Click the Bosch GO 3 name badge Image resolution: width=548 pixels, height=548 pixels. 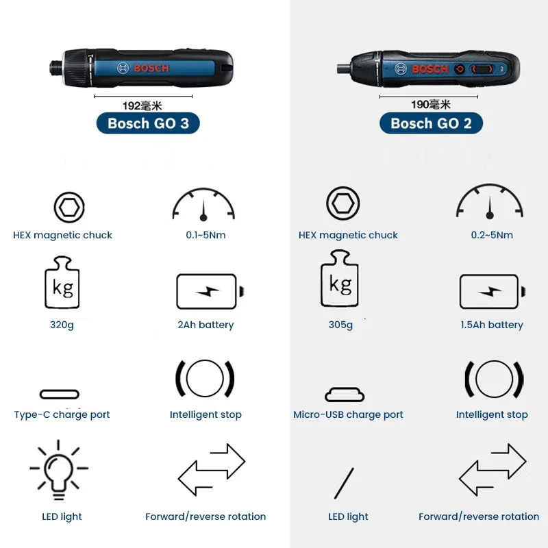149,123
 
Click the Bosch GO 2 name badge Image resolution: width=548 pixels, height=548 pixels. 431,123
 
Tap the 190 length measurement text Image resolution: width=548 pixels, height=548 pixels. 430,104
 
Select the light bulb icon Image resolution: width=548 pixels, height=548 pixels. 59,472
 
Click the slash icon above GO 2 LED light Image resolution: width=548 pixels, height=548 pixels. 344,483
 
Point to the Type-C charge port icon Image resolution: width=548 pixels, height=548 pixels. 60,395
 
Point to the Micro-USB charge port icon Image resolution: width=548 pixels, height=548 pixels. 345,395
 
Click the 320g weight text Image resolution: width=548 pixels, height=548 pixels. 62,325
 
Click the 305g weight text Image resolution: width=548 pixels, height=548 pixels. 340,325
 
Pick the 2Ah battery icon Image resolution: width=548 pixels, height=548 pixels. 209,292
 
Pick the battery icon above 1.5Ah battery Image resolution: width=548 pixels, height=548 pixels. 492,292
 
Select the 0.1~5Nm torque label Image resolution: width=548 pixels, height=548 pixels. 206,235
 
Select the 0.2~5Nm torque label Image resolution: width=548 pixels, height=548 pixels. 492,235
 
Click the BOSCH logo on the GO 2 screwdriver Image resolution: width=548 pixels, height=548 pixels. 429,69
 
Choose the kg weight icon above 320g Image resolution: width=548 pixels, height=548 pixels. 62,283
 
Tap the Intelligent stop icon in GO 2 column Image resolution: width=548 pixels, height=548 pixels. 493,378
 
